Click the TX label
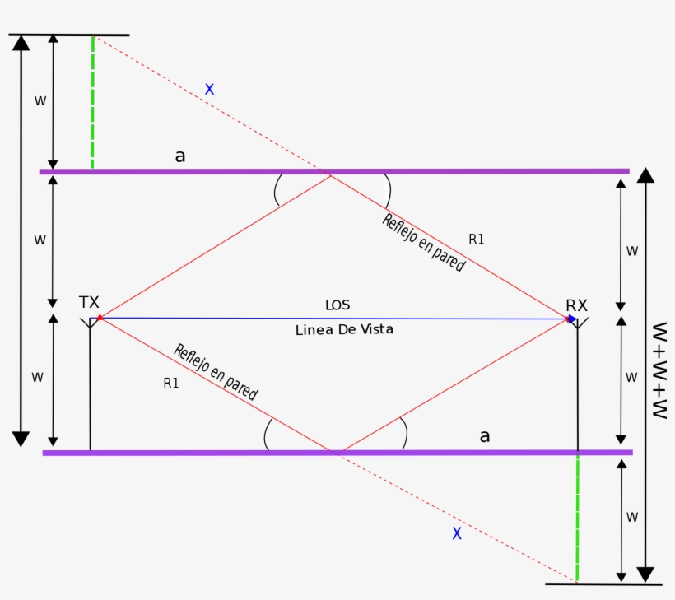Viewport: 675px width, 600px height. click(x=89, y=302)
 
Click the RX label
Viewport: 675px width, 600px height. click(x=576, y=305)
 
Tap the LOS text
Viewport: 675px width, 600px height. click(x=337, y=305)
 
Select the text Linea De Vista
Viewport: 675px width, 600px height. click(x=344, y=329)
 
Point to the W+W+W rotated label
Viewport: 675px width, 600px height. click(x=659, y=370)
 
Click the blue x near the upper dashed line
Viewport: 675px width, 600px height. click(x=209, y=89)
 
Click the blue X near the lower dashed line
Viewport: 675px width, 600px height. click(x=457, y=533)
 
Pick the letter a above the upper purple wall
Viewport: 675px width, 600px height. click(x=180, y=156)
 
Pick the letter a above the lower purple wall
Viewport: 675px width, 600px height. click(x=485, y=436)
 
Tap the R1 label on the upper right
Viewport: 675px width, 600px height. click(x=477, y=240)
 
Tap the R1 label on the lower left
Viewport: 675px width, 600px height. click(x=171, y=383)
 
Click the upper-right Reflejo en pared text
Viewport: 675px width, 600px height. click(x=423, y=243)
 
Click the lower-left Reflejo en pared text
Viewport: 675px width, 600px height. click(x=215, y=372)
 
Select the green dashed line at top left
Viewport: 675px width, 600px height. click(x=92, y=103)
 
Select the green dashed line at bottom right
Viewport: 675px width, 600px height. click(x=577, y=518)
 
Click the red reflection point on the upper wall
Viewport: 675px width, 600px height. click(x=330, y=174)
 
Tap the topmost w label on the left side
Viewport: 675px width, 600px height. click(x=40, y=100)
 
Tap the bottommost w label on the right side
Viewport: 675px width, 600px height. click(x=632, y=517)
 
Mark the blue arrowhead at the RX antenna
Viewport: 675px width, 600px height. click(x=572, y=319)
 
